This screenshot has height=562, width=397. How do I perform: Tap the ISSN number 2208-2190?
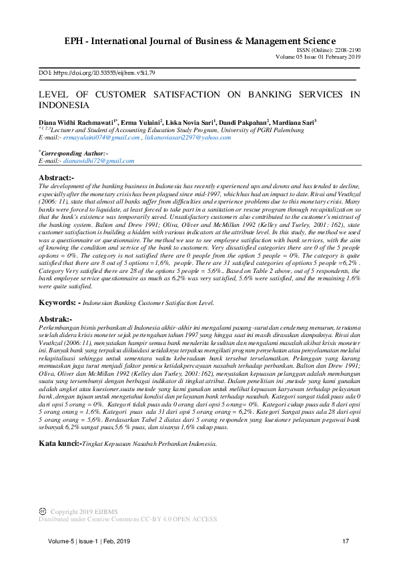[x=347, y=51]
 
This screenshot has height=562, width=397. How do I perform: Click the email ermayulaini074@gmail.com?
[x=101, y=137]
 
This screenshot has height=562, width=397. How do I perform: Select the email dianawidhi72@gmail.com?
[x=99, y=161]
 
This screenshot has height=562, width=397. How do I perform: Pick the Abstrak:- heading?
[x=55, y=320]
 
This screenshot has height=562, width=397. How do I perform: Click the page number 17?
[x=346, y=541]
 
